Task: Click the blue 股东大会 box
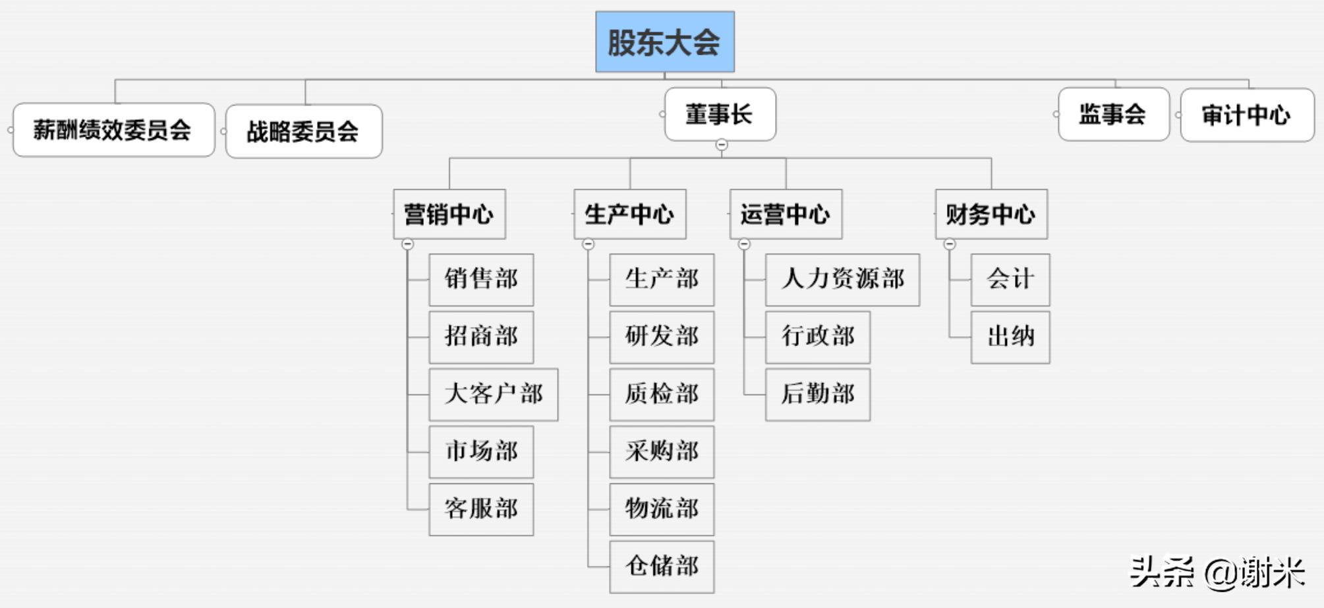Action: (664, 42)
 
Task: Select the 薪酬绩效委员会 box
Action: (113, 130)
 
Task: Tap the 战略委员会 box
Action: (303, 131)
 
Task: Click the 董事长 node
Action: (720, 114)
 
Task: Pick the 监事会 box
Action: (1113, 114)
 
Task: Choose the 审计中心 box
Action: (1246, 115)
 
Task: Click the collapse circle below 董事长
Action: (722, 144)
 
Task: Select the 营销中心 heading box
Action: (449, 214)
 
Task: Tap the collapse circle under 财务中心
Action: (950, 244)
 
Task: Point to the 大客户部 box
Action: (493, 394)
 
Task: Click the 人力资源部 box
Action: (842, 280)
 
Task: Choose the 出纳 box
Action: (1010, 337)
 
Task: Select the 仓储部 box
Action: (661, 566)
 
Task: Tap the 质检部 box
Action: (661, 394)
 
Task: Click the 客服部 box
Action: (480, 509)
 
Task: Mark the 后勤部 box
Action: (817, 394)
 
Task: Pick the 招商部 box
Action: (480, 337)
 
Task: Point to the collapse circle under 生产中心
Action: (589, 244)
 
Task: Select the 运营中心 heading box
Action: (785, 214)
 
